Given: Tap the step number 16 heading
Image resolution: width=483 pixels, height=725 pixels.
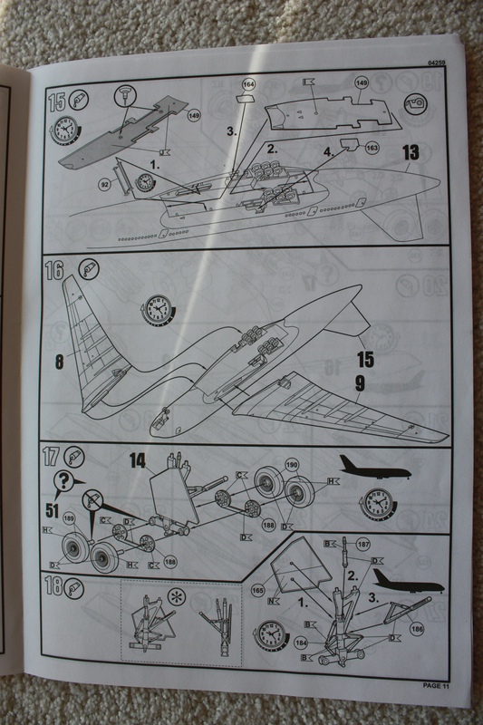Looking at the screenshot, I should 56,269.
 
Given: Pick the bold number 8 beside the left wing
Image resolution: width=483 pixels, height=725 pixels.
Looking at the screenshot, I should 58,359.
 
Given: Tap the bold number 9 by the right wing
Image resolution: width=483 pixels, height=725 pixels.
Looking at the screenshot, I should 360,384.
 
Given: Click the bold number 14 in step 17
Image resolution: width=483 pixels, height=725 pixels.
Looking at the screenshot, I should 137,460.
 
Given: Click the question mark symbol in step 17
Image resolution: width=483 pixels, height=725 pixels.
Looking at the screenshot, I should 64,480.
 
